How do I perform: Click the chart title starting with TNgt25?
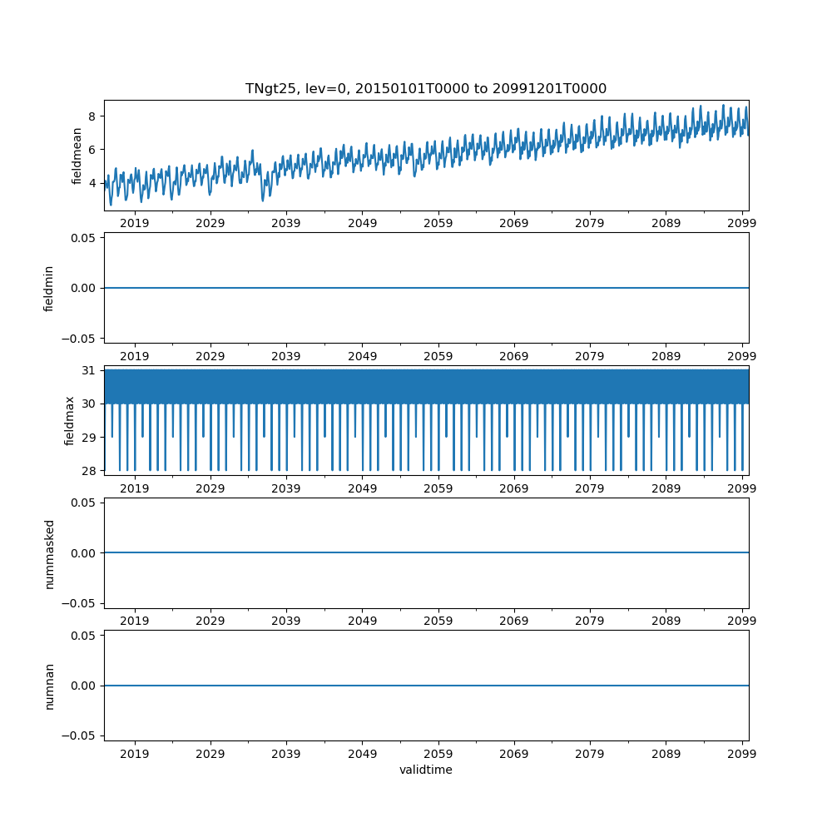point(425,88)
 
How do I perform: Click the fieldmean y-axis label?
point(77,156)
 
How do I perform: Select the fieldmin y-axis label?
point(49,288)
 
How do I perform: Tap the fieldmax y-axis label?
point(70,420)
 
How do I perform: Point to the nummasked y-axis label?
point(49,553)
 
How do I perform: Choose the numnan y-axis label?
point(49,686)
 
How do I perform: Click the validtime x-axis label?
point(425,770)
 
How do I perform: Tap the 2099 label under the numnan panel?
point(741,755)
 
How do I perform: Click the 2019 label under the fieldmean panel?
point(135,224)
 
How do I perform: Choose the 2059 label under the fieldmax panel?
point(438,489)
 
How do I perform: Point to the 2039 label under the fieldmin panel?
point(286,357)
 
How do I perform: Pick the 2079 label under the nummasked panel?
point(590,622)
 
